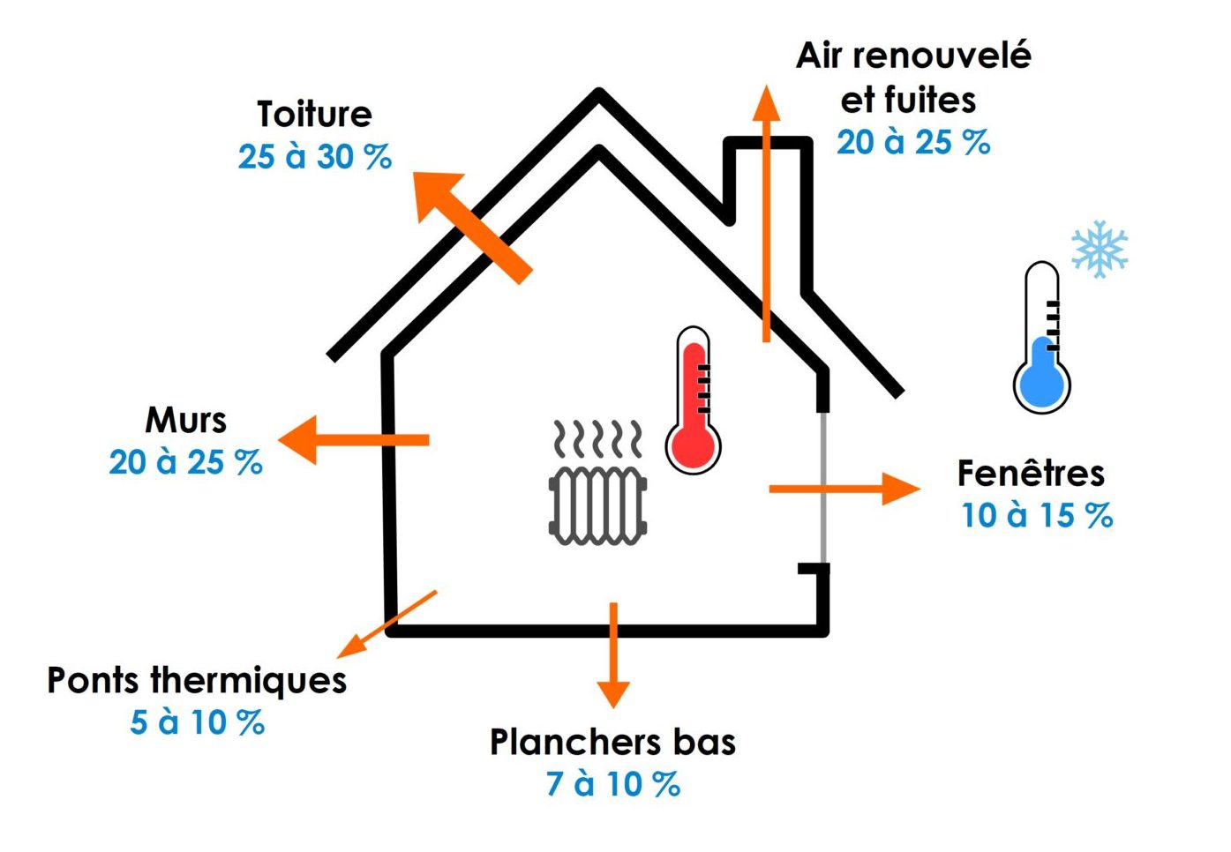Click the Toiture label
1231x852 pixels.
[x=314, y=115]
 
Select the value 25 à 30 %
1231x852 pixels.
[x=314, y=157]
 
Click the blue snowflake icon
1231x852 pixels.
[x=1099, y=249]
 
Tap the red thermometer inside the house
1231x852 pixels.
[x=694, y=401]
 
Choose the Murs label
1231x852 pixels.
[x=185, y=421]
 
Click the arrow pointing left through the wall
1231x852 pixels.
[x=353, y=439]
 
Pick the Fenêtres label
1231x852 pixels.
[x=1031, y=474]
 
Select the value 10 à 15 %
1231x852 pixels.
[x=1037, y=516]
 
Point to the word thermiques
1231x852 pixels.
[x=248, y=681]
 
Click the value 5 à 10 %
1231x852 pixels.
[x=197, y=722]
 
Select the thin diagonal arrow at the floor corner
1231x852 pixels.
[x=387, y=624]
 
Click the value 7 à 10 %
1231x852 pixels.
[x=613, y=784]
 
